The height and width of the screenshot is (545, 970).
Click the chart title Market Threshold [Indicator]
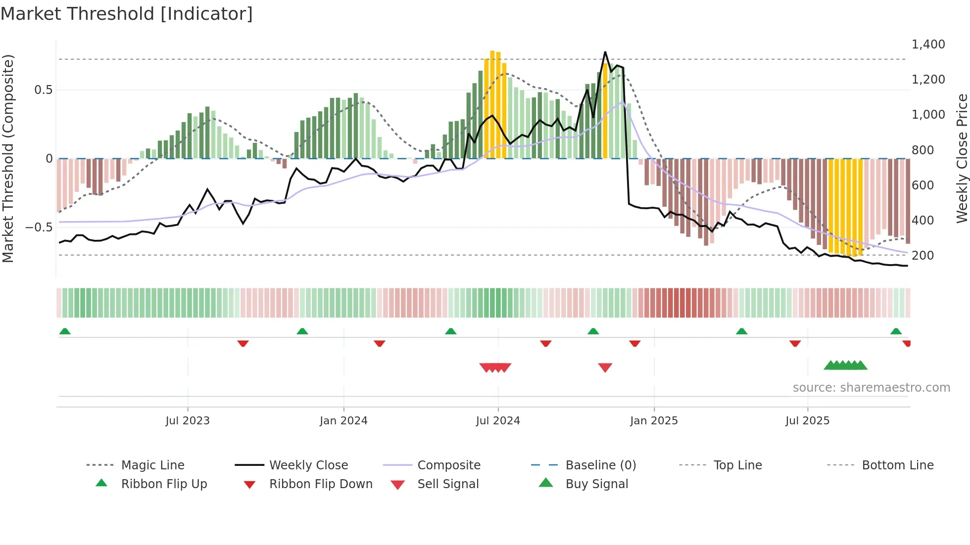pyautogui.click(x=127, y=14)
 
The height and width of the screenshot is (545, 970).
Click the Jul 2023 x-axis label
pyautogui.click(x=188, y=420)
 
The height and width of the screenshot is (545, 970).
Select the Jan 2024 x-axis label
pyautogui.click(x=343, y=420)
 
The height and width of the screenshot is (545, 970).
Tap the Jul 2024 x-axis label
pyautogui.click(x=498, y=420)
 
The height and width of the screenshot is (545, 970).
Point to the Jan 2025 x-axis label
pyautogui.click(x=654, y=420)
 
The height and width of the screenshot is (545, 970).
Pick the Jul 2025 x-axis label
pyautogui.click(x=807, y=420)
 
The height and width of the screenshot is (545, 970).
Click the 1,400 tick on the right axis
pyautogui.click(x=928, y=45)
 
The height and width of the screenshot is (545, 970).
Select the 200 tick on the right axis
pyautogui.click(x=922, y=256)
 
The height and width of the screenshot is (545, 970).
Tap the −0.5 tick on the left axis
pyautogui.click(x=39, y=227)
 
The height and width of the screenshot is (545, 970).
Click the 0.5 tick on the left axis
pyautogui.click(x=43, y=90)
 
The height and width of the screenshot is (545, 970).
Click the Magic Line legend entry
pyautogui.click(x=152, y=465)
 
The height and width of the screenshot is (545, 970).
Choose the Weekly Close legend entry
pyautogui.click(x=308, y=465)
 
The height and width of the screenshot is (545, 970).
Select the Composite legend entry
pyautogui.click(x=448, y=465)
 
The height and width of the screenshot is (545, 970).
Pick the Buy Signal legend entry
pyautogui.click(x=596, y=484)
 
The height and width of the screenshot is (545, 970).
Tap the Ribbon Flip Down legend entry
pyautogui.click(x=321, y=484)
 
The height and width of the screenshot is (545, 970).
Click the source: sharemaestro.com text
pyautogui.click(x=871, y=388)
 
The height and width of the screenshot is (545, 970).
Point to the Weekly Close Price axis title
pyautogui.click(x=961, y=158)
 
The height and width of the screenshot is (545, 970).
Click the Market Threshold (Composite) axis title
pyautogui.click(x=8, y=158)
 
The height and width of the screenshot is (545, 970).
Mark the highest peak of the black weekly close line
pyautogui.click(x=605, y=52)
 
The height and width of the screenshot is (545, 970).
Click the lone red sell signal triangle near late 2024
pyautogui.click(x=605, y=367)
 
